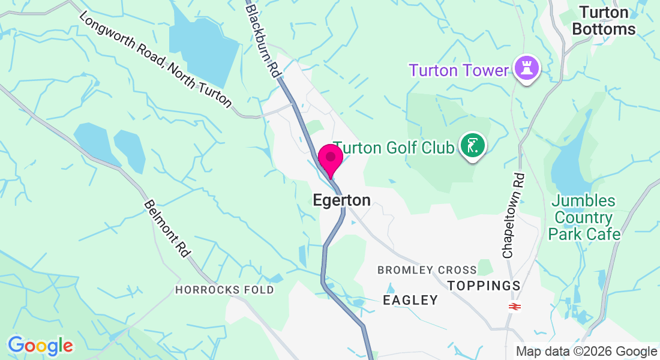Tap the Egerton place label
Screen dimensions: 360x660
click(x=342, y=200)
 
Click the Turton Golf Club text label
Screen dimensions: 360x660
click(x=393, y=148)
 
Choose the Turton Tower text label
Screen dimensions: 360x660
click(x=459, y=70)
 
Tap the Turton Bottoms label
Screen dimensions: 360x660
click(x=604, y=20)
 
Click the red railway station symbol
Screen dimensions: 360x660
click(x=514, y=307)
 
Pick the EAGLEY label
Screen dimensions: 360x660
click(x=410, y=301)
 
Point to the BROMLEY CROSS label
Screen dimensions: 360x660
click(x=427, y=270)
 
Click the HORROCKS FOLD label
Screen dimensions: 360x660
click(x=224, y=290)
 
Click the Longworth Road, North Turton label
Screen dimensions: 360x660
click(x=155, y=61)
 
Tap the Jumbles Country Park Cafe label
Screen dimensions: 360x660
click(x=584, y=217)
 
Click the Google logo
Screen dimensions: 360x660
click(x=40, y=346)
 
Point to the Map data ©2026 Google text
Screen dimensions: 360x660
click(x=587, y=352)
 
